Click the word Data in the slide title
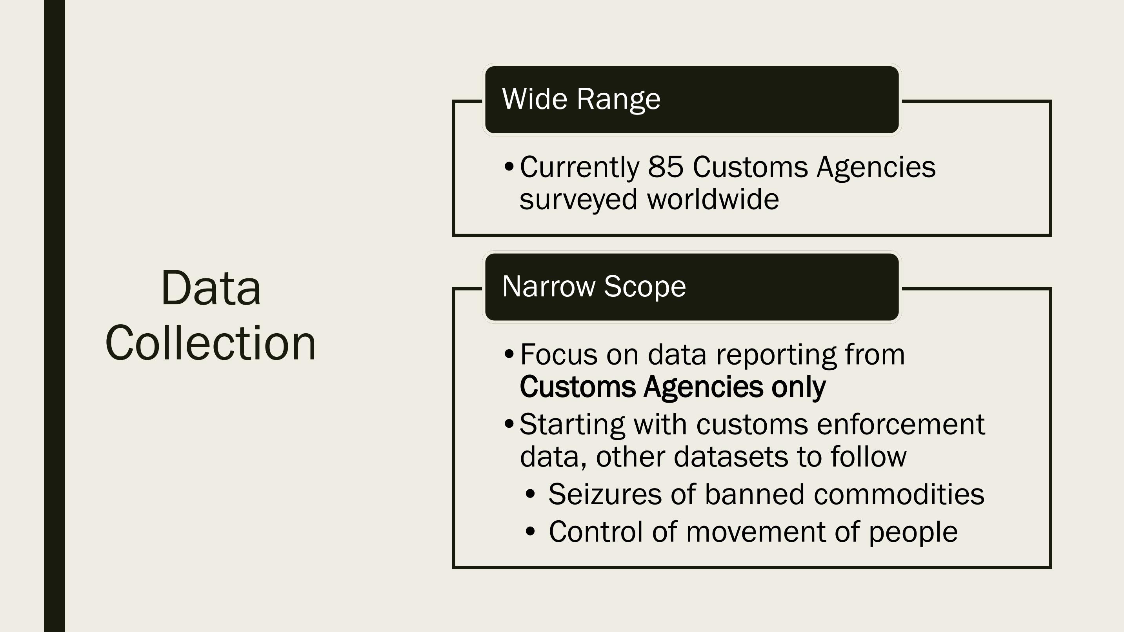coord(211,288)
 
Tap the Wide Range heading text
coord(581,100)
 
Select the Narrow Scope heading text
coord(594,287)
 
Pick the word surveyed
coord(578,201)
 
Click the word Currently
coord(580,168)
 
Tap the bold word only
coord(798,387)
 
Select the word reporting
coord(776,356)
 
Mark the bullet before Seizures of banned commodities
coord(530,494)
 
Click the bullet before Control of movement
coord(530,531)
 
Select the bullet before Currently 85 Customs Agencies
coord(509,167)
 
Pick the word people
coord(913,533)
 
